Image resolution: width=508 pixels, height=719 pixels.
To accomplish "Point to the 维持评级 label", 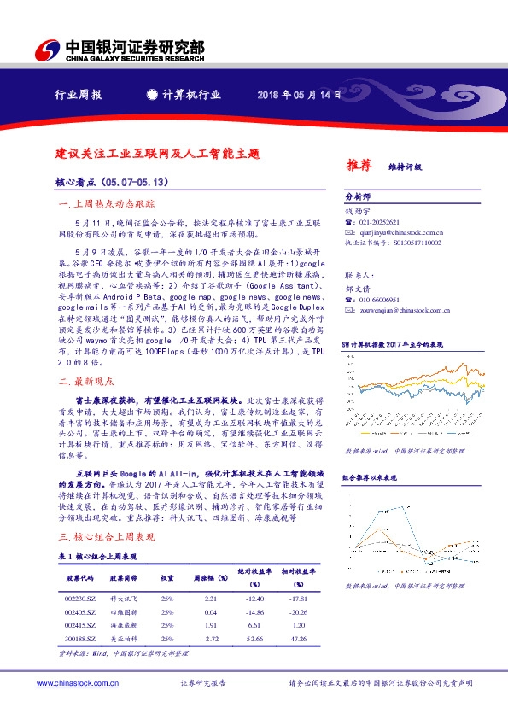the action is coord(406,166).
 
